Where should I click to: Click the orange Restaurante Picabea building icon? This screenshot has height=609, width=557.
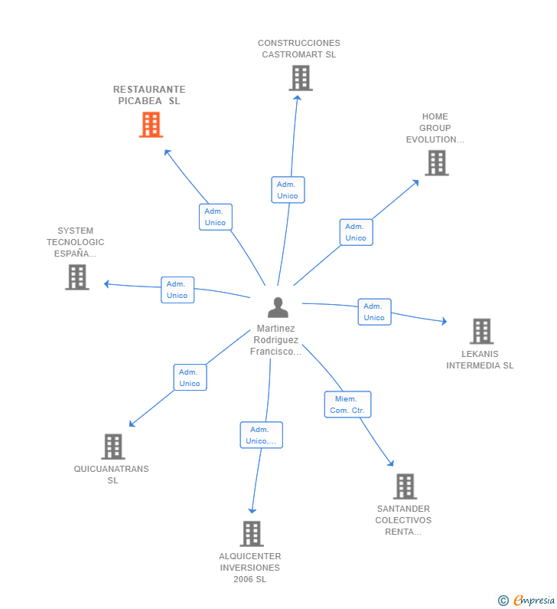[151, 124]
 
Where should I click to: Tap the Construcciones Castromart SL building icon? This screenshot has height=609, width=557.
[301, 77]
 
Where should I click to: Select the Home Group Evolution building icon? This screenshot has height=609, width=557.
[436, 162]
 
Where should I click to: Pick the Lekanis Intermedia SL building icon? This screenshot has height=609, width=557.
[481, 331]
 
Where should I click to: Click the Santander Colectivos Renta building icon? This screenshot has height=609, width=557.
[405, 486]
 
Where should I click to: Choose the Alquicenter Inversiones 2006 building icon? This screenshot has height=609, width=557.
[251, 533]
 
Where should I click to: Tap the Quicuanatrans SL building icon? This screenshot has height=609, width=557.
[112, 446]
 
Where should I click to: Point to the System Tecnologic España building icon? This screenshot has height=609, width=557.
[77, 277]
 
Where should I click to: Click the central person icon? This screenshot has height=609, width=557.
[278, 307]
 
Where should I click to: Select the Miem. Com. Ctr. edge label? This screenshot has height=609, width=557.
[347, 404]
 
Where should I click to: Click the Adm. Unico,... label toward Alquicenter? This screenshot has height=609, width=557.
[261, 435]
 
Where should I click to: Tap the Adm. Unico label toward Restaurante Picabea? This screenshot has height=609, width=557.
[215, 217]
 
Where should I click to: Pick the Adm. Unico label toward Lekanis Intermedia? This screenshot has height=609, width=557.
[374, 312]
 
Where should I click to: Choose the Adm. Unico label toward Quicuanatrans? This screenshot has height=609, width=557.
[190, 378]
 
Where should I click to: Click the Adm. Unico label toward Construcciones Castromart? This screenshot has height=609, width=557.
[288, 190]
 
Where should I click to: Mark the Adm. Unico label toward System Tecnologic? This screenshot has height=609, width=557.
[178, 290]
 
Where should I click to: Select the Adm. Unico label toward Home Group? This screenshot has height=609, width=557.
[356, 232]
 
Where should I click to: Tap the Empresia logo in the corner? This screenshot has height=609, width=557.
[527, 601]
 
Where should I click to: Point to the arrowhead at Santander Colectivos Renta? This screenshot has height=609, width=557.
[392, 463]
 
